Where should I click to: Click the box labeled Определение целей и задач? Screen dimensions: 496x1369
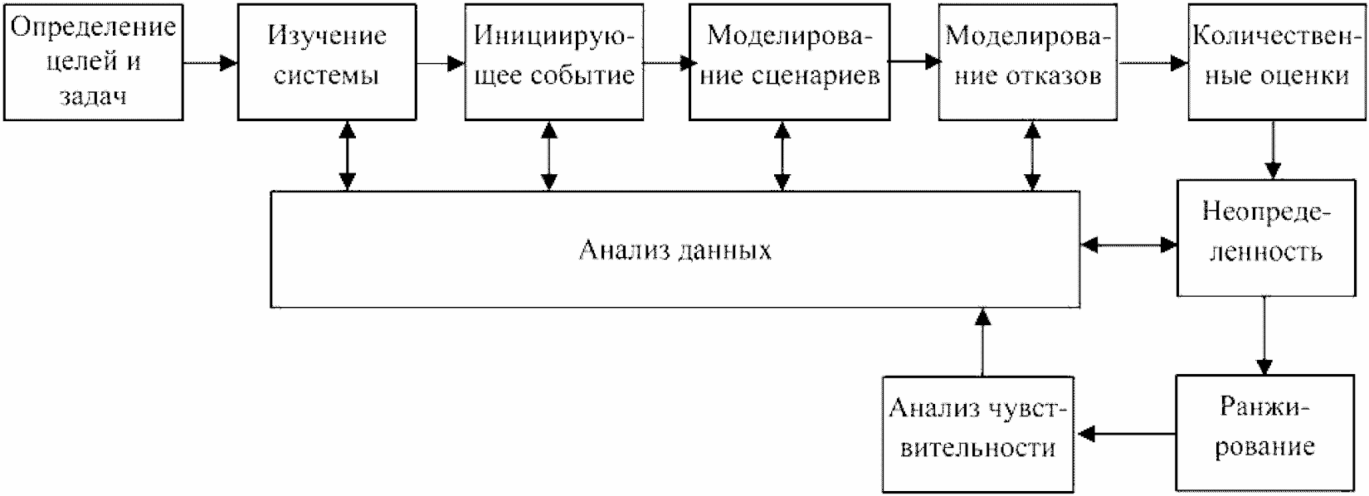pos(93,62)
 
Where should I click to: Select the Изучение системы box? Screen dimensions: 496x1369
pos(327,62)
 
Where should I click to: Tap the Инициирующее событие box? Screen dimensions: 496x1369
pos(554,62)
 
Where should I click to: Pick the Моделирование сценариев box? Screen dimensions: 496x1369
pos(789,62)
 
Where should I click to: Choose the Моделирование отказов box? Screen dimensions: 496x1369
pos(1028,62)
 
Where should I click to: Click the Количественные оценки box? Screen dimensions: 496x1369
pos(1275,62)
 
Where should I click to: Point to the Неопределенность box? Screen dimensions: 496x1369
pos(1264,238)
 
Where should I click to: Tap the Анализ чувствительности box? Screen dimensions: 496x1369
pos(978,433)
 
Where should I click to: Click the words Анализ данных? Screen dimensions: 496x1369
pos(675,250)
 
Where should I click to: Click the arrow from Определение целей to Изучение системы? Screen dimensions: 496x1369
pos(210,63)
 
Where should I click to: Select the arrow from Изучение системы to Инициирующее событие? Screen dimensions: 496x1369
pos(441,63)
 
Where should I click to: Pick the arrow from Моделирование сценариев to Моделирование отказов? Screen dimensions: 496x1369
pos(914,61)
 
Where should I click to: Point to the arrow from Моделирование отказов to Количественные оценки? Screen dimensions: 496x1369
pos(1153,63)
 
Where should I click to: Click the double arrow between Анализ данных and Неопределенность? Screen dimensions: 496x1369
pos(1129,245)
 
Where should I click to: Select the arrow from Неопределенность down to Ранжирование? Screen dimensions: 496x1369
pos(1264,336)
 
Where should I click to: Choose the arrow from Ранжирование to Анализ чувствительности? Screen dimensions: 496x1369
pos(1127,433)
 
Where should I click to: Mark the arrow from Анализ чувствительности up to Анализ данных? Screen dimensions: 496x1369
pos(982,342)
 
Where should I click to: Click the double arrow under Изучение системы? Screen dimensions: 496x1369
pos(347,156)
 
